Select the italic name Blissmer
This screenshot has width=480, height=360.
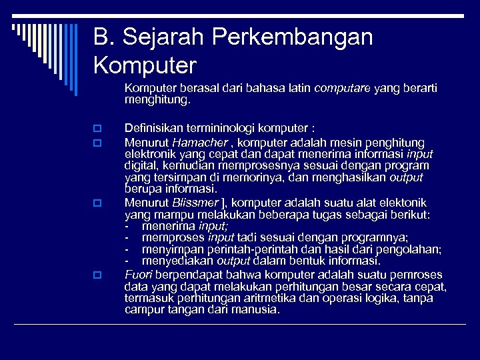coord(195,203)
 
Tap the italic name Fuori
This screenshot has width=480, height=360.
coord(137,274)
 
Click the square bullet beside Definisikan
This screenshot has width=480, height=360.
coord(97,129)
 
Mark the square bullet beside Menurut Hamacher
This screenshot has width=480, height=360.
coord(97,143)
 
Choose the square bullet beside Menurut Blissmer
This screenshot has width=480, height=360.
coord(97,203)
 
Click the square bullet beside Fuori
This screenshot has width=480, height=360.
coord(97,275)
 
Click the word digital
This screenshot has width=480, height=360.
coord(139,166)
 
